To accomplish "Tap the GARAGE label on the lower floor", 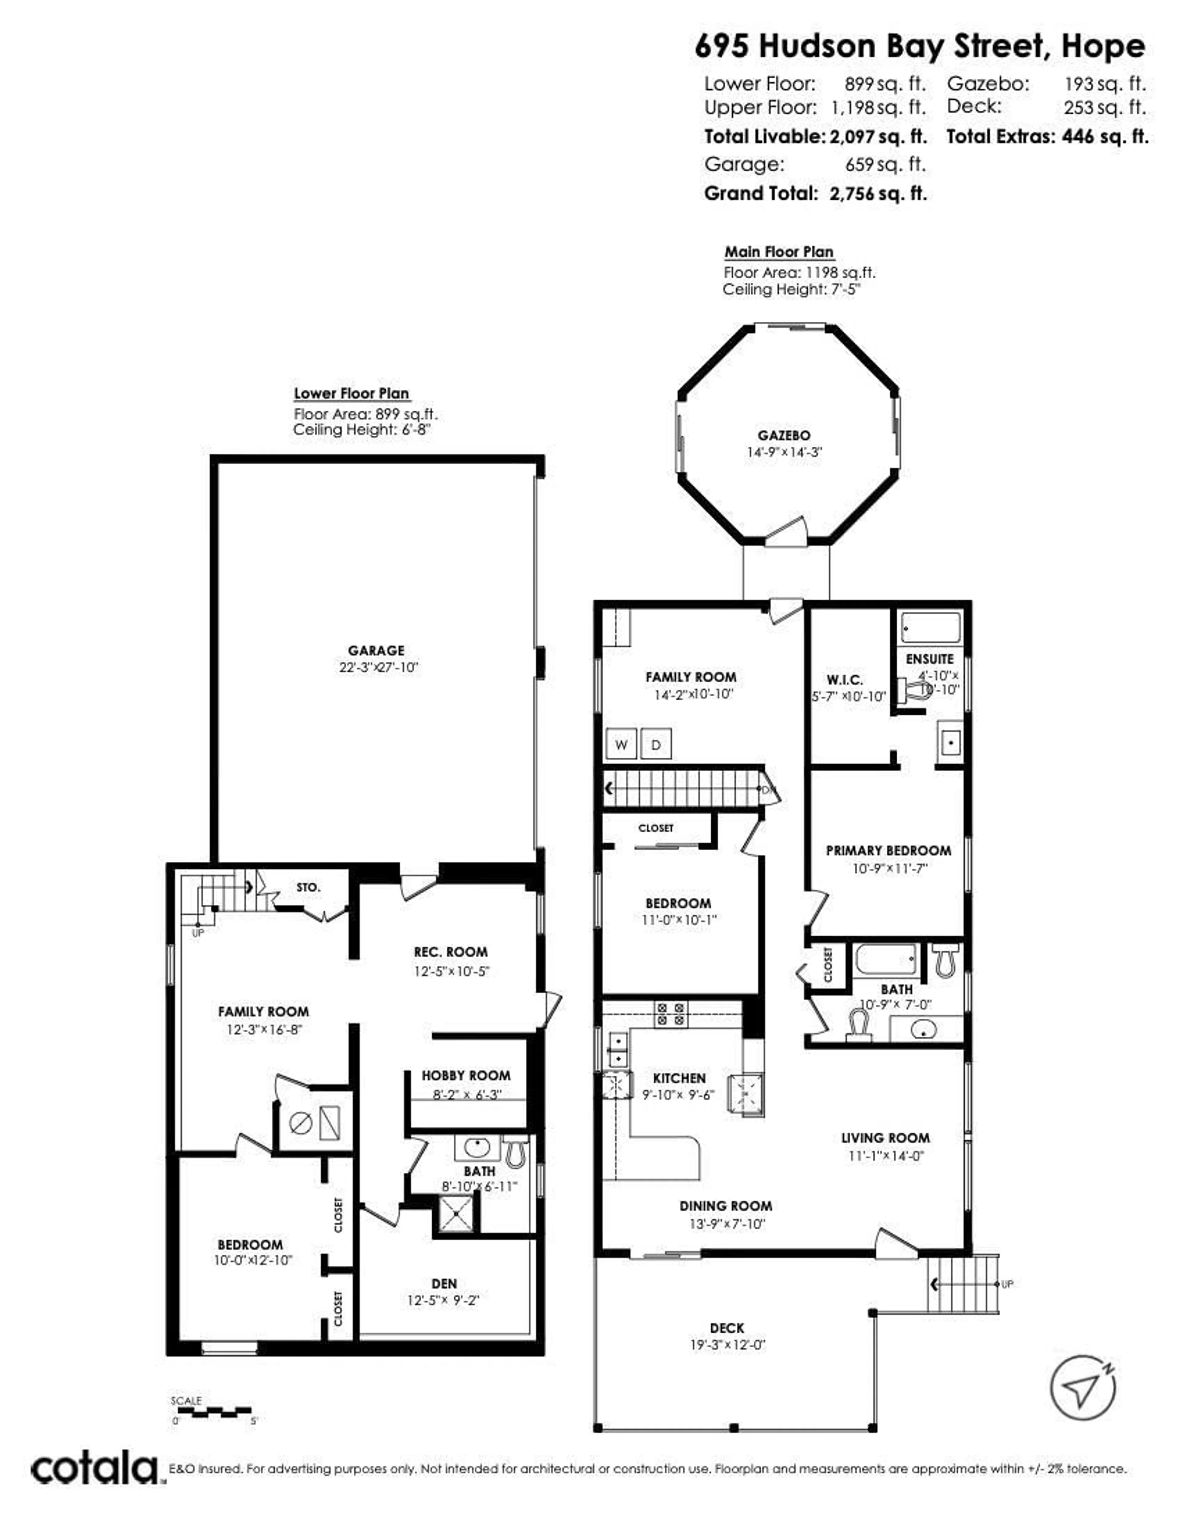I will [376, 650].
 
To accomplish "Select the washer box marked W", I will [621, 745].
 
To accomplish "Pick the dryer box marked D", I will [656, 745].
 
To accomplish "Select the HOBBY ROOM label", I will [466, 1075].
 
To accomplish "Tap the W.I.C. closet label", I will [844, 679].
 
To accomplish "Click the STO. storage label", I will [308, 887].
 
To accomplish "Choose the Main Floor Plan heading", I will [779, 252].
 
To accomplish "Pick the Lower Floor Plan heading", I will [351, 394].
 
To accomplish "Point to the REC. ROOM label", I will [450, 952].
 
